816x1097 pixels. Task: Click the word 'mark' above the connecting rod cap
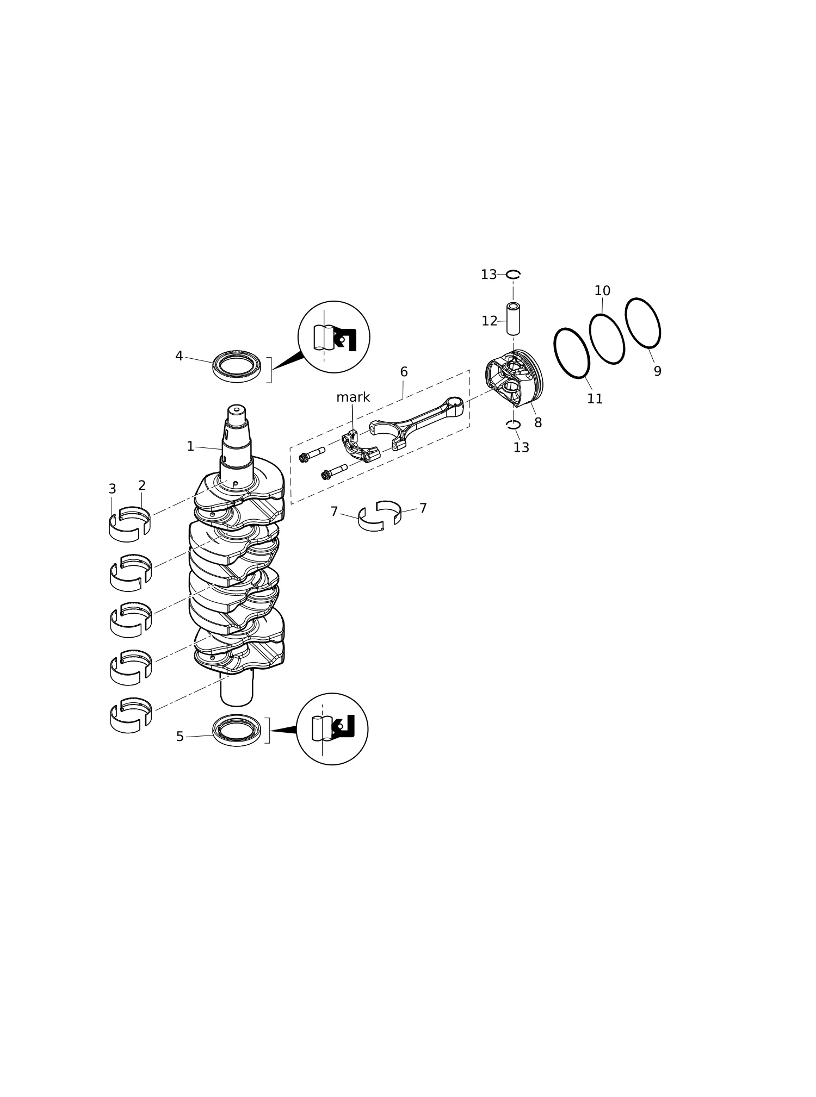353,397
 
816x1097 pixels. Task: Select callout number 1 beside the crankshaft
190,446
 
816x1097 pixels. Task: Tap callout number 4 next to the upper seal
179,356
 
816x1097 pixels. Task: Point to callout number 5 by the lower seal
180,737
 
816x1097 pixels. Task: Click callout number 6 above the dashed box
404,372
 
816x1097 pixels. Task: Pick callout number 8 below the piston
538,422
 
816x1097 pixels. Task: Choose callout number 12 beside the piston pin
489,321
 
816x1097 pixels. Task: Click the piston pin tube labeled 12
513,319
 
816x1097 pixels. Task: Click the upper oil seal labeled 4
237,366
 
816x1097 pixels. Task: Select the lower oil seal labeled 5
237,730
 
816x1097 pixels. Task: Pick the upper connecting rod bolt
312,454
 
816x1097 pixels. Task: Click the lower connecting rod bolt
334,471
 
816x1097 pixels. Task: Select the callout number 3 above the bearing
112,489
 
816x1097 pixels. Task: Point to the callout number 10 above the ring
602,291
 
